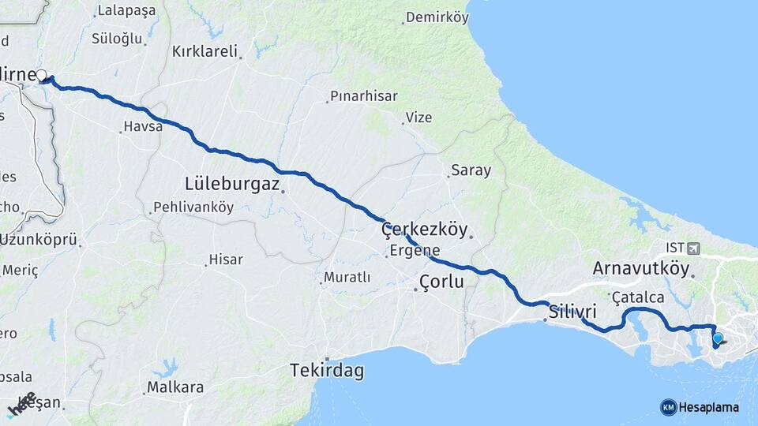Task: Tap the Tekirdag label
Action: pyautogui.click(x=326, y=369)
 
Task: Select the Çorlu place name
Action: pyautogui.click(x=441, y=282)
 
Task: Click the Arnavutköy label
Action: pyautogui.click(x=641, y=267)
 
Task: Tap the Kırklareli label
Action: pyautogui.click(x=205, y=52)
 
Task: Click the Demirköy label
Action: pyautogui.click(x=437, y=17)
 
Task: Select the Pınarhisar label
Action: pyautogui.click(x=364, y=95)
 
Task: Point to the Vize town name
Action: pyautogui.click(x=418, y=118)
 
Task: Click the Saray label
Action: pyautogui.click(x=471, y=170)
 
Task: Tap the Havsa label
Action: pyautogui.click(x=143, y=126)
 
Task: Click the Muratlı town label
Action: pyautogui.click(x=347, y=278)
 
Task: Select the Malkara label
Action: pyautogui.click(x=175, y=387)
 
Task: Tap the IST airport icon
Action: pyautogui.click(x=693, y=248)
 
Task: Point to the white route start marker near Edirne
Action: pyautogui.click(x=41, y=75)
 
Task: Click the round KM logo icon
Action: pyautogui.click(x=668, y=407)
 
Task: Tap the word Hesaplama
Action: pyautogui.click(x=708, y=407)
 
